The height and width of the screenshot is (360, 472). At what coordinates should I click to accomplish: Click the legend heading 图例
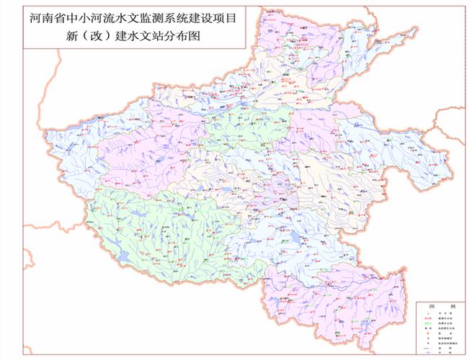(x=440, y=306)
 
